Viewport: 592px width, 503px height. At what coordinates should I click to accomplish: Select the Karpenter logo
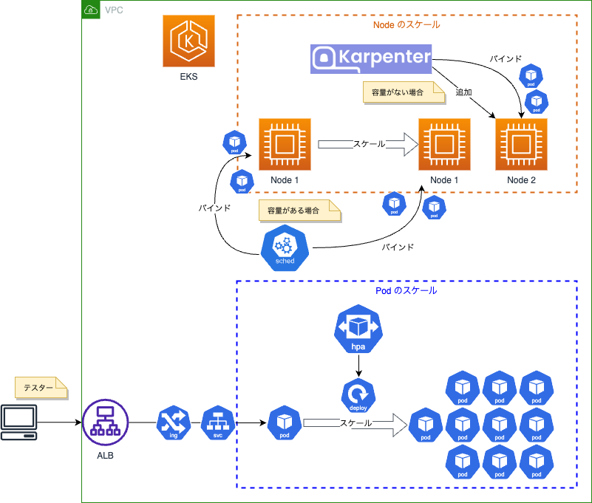pyautogui.click(x=370, y=59)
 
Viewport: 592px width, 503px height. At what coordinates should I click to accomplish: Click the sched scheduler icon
pyautogui.click(x=285, y=248)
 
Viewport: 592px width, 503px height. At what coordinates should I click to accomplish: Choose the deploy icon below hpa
pyautogui.click(x=358, y=395)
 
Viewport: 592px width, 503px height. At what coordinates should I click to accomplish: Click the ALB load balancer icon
pyautogui.click(x=106, y=422)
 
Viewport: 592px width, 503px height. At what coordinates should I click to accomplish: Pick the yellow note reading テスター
pyautogui.click(x=41, y=387)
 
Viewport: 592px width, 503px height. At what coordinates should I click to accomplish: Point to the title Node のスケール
pyautogui.click(x=406, y=24)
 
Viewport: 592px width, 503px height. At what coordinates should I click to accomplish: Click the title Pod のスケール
pyautogui.click(x=406, y=290)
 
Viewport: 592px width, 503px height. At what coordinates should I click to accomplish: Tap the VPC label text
pyautogui.click(x=115, y=10)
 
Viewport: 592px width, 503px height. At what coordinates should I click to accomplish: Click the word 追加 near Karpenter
pyautogui.click(x=463, y=92)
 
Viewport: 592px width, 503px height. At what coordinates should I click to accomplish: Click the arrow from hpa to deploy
pyautogui.click(x=358, y=364)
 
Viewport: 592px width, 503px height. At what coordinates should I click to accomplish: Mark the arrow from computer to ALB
pyautogui.click(x=59, y=422)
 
